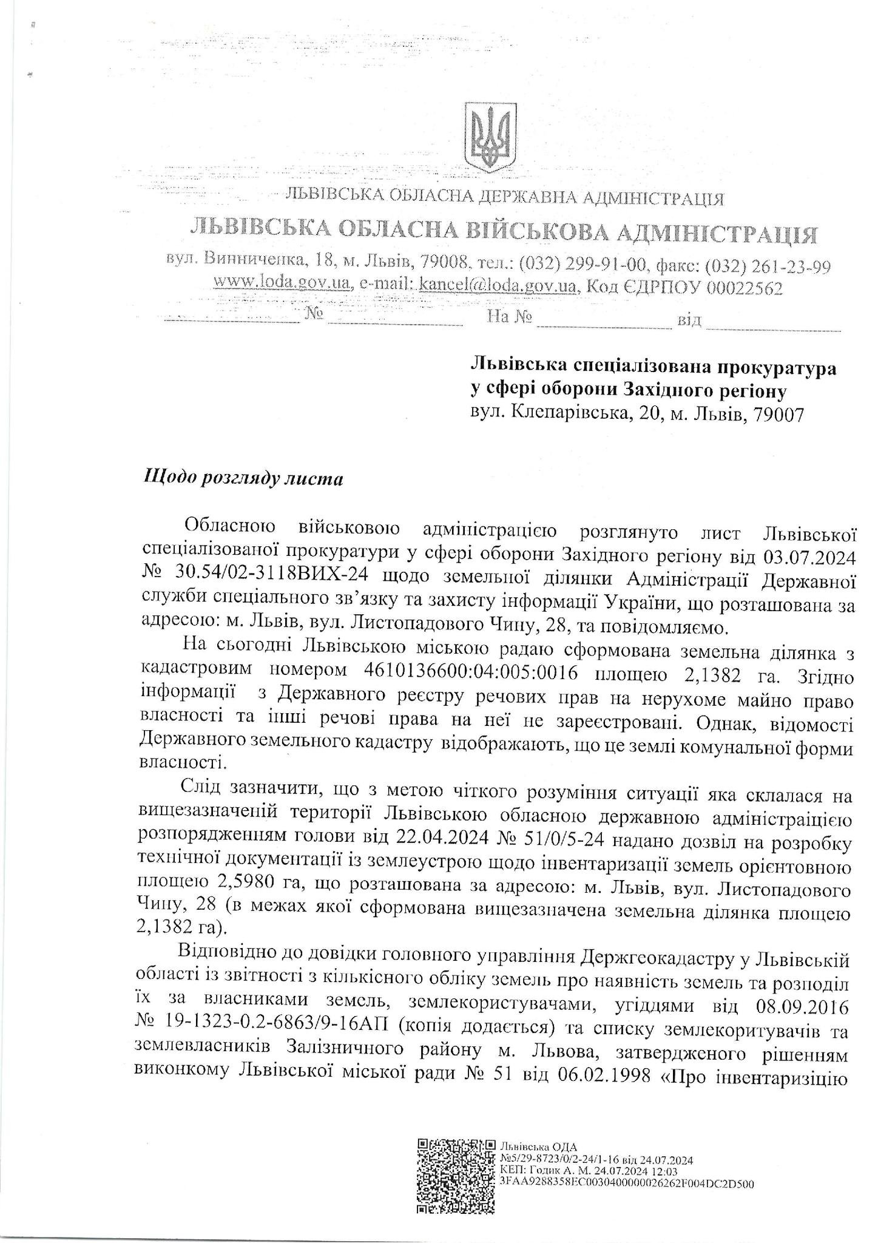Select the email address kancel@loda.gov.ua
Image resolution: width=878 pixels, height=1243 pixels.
(x=496, y=286)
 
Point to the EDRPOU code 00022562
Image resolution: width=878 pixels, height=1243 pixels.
(x=745, y=288)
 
